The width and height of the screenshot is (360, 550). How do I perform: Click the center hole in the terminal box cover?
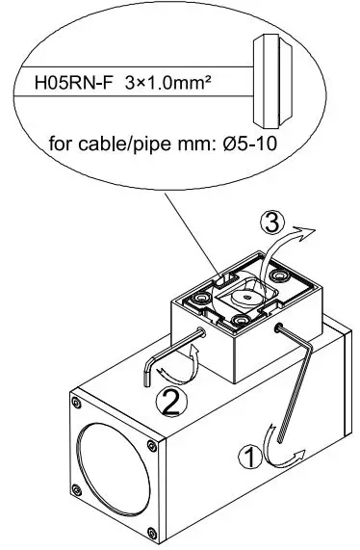pos(244,299)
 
